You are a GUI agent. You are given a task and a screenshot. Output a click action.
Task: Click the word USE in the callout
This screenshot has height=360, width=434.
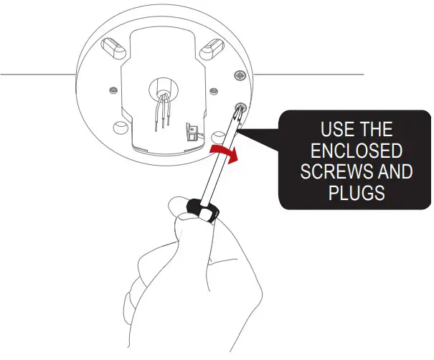(x=331, y=131)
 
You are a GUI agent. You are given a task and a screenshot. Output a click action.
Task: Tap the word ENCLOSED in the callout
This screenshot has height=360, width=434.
(x=351, y=152)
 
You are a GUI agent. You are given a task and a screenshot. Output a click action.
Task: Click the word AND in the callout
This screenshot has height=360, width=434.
(x=393, y=173)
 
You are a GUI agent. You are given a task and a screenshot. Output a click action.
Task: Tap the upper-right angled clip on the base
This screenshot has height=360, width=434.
(x=214, y=48)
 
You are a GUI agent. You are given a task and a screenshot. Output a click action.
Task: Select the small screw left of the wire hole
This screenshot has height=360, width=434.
(x=114, y=90)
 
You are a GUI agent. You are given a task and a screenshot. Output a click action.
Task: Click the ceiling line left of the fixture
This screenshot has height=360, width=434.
(x=36, y=74)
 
